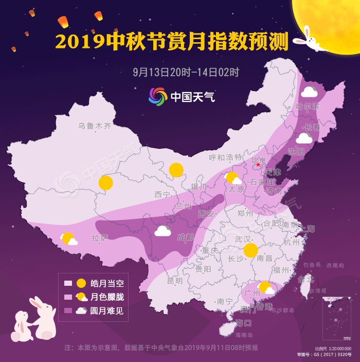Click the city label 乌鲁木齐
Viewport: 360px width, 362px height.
tap(95, 125)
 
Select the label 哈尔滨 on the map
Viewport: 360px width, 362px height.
tap(308, 107)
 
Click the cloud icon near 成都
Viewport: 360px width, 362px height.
tap(163, 231)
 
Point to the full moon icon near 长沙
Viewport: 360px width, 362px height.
tap(250, 250)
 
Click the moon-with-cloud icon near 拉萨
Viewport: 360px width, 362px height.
tap(69, 239)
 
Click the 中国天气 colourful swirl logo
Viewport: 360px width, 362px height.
tap(158, 96)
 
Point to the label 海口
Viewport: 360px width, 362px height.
tap(243, 323)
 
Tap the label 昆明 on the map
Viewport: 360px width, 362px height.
tap(175, 281)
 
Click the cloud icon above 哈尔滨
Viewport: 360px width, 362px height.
tap(309, 92)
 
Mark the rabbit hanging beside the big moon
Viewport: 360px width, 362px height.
tap(308, 40)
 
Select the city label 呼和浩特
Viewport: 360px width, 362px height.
tap(226, 157)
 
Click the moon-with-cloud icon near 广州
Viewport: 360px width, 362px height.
tap(266, 288)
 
